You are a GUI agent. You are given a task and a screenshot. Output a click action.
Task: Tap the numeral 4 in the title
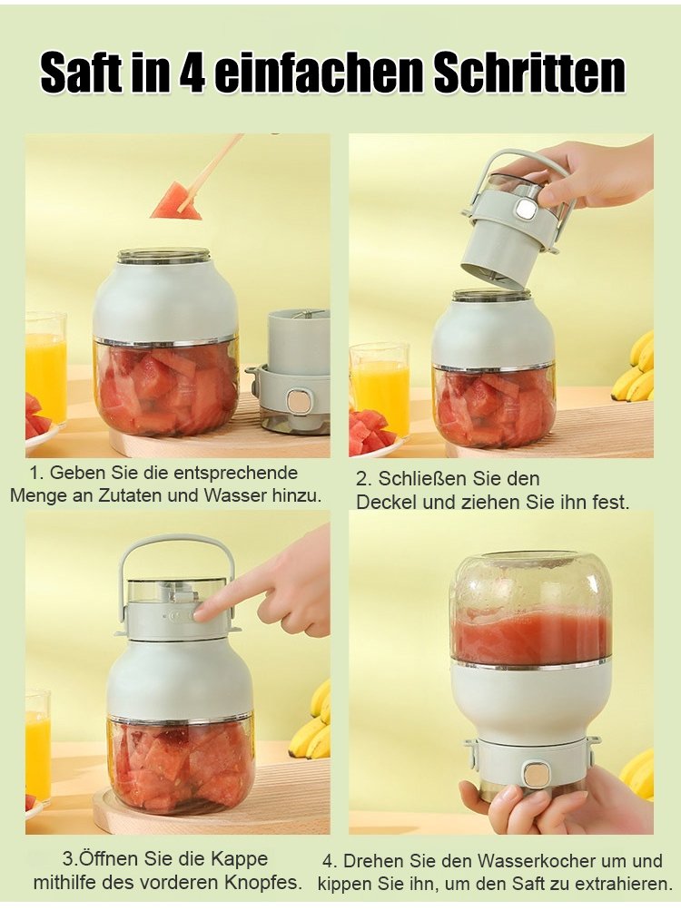192,73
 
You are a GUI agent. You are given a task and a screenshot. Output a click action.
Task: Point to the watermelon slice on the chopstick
176,201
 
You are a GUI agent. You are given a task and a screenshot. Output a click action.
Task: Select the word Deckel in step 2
387,502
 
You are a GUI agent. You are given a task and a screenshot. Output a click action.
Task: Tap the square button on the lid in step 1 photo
300,400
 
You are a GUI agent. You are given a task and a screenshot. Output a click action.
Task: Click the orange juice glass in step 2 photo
380,388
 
